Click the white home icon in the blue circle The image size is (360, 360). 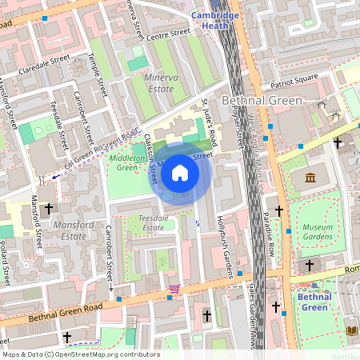(x=180, y=172)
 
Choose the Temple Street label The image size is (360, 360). (x=99, y=76)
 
